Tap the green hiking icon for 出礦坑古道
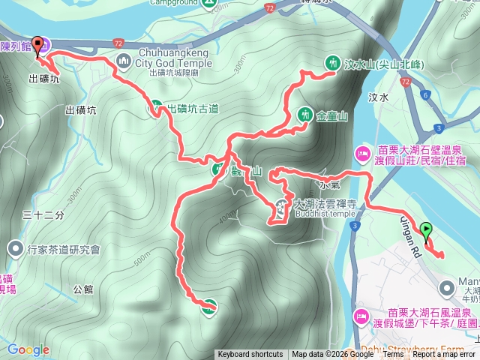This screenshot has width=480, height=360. pos(156,108)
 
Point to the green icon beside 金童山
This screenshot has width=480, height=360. pos(304,115)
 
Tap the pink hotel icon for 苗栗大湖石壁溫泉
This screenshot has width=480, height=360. pos(361,154)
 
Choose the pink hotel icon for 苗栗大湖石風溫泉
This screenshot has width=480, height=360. pos(361,316)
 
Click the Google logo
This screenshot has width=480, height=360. pos(28,349)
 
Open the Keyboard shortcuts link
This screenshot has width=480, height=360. pos(250,355)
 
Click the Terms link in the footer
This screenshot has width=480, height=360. pos(392,355)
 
